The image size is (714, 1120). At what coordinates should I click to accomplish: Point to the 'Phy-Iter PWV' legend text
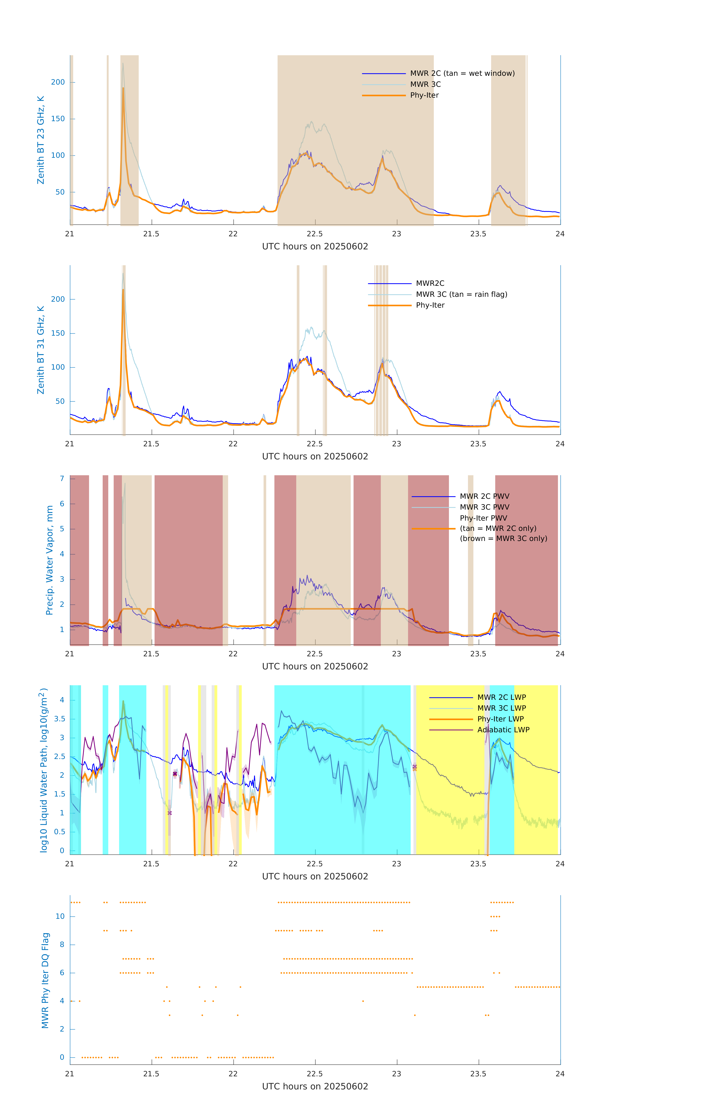tap(483, 518)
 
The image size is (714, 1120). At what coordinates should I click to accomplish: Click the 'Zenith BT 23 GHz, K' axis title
tap(41, 140)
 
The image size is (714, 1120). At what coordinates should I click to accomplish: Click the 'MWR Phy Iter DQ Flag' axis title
tap(45, 980)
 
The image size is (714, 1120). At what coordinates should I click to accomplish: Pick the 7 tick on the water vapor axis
tap(62, 479)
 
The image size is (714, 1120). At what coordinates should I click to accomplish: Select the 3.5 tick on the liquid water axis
tap(60, 719)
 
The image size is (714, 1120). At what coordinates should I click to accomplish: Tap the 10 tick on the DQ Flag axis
tap(60, 916)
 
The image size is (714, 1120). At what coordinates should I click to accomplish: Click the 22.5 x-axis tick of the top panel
tap(315, 234)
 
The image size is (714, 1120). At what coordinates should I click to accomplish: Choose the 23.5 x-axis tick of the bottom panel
tap(478, 1074)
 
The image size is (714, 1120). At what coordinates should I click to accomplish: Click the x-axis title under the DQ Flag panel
tap(315, 1087)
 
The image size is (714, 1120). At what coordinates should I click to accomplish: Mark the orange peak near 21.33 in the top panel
tap(123, 88)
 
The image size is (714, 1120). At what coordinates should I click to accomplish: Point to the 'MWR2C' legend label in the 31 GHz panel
tap(430, 283)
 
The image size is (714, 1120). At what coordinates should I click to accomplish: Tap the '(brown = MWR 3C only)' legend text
tap(503, 539)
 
